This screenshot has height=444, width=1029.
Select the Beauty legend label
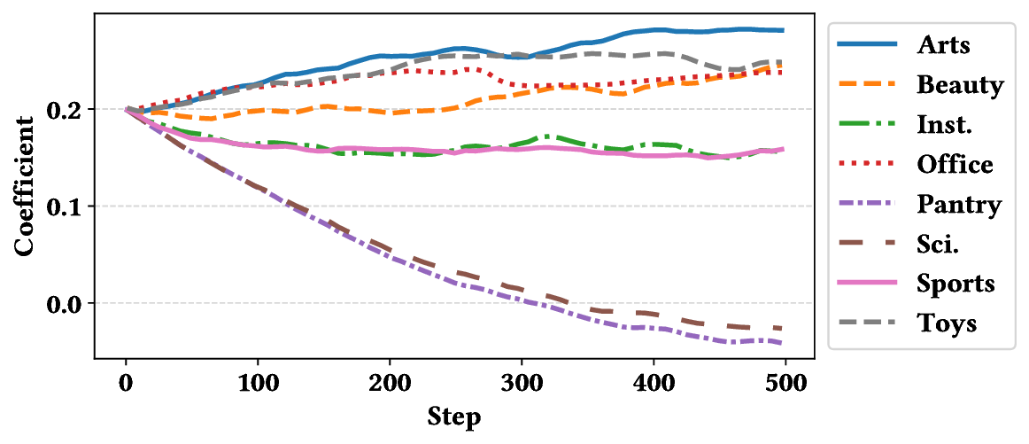point(960,85)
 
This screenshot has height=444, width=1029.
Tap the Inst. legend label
point(944,125)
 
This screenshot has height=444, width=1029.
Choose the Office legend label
point(955,165)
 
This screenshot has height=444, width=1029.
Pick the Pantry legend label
point(959,205)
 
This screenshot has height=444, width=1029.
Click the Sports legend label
point(955,284)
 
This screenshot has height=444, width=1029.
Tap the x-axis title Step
point(454,416)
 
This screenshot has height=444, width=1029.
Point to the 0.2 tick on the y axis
point(66,110)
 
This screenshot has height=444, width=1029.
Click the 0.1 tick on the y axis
point(66,206)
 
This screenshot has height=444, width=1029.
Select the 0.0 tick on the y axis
point(66,303)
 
